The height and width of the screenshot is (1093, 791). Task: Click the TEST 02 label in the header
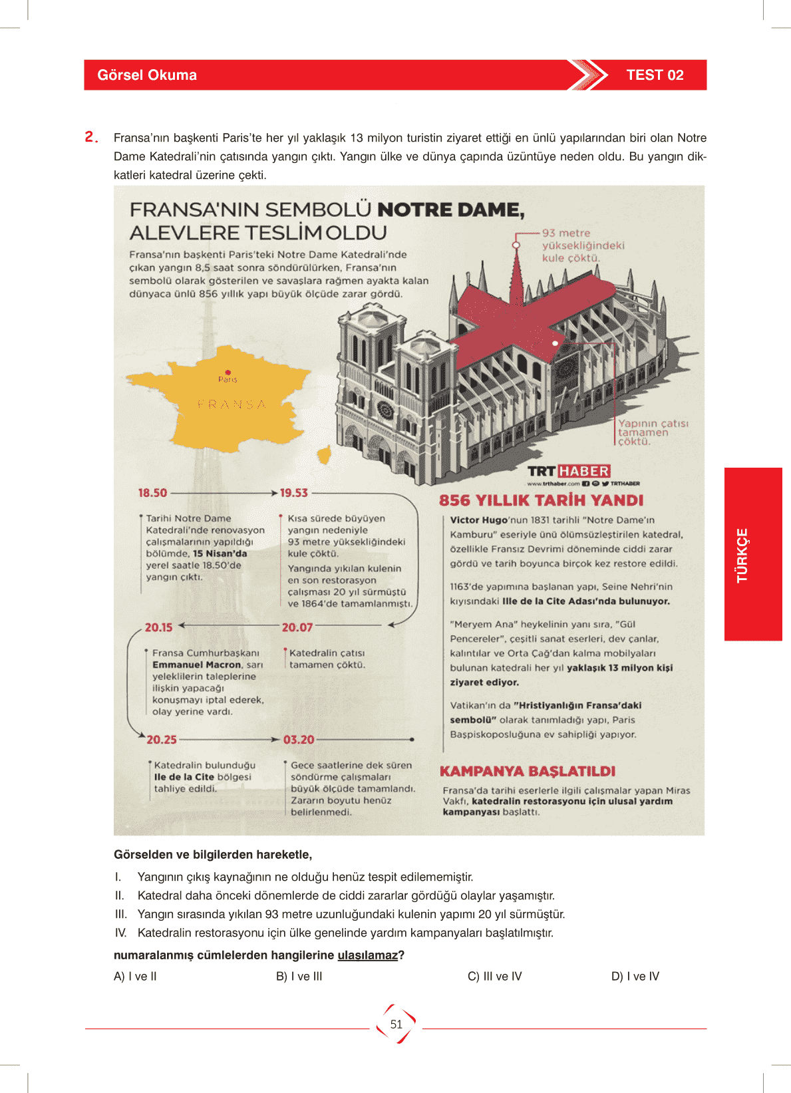(655, 75)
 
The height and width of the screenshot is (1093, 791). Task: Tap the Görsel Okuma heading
(147, 75)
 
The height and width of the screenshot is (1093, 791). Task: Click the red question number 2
(91, 137)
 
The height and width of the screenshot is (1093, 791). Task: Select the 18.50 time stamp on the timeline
(152, 493)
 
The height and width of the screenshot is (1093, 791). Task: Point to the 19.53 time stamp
(293, 493)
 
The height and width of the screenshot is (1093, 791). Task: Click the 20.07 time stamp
(297, 627)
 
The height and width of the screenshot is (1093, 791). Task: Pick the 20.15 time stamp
(158, 627)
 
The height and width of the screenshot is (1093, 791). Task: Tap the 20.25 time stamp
(162, 740)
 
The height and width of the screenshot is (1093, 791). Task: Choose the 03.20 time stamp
(299, 740)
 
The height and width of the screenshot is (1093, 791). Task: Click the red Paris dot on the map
(228, 373)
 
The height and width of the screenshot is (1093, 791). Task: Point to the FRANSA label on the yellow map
(232, 404)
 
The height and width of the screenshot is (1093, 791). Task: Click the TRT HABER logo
(569, 472)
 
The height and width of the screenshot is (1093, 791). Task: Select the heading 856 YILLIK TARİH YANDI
(541, 501)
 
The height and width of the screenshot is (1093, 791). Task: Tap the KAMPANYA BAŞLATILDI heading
(528, 772)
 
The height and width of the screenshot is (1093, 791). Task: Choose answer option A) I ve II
(135, 977)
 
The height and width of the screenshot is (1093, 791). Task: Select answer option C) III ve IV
(495, 977)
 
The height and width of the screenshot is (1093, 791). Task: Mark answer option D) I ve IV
(635, 977)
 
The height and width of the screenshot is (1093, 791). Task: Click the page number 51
(396, 1024)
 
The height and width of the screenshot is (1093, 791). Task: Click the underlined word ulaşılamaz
(367, 955)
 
